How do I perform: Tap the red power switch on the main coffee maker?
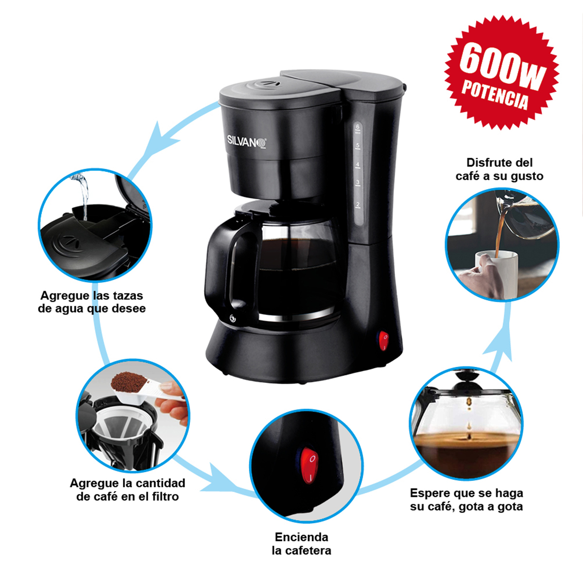click(x=383, y=341)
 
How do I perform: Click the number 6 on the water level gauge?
click(x=358, y=126)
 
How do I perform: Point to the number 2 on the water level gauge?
click(x=358, y=205)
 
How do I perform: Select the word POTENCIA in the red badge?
click(x=495, y=95)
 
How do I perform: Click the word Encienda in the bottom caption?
click(x=301, y=537)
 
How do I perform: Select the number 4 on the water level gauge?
click(x=358, y=165)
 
